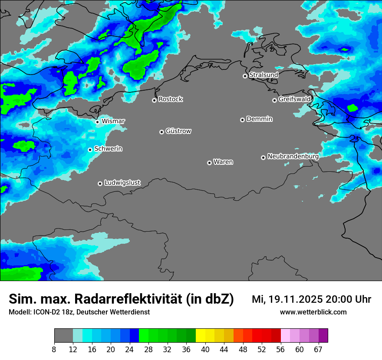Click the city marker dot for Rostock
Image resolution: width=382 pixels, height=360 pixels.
click(x=154, y=100)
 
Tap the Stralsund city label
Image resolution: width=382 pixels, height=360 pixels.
click(x=263, y=75)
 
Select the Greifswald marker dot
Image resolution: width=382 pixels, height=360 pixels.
click(x=274, y=100)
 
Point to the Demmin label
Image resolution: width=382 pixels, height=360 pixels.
click(x=259, y=119)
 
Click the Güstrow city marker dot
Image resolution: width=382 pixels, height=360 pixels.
click(x=161, y=132)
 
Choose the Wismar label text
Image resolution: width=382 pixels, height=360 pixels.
click(x=113, y=121)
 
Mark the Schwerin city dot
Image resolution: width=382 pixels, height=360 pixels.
click(x=90, y=150)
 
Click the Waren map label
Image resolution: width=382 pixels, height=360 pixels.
click(x=223, y=162)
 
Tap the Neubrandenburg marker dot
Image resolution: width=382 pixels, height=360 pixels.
click(x=263, y=157)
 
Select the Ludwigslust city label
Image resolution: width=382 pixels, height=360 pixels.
click(x=122, y=183)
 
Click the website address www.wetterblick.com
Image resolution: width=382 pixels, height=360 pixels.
click(x=313, y=312)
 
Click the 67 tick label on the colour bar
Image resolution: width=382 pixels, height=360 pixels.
click(x=318, y=350)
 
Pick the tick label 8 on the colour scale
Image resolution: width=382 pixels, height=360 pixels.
click(x=54, y=350)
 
